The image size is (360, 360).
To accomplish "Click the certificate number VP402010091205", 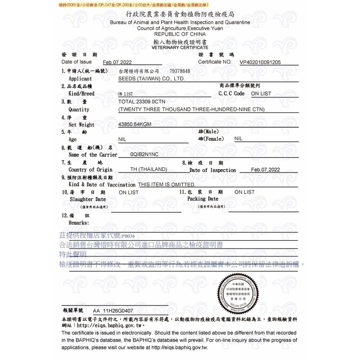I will pyautogui.click(x=260, y=62).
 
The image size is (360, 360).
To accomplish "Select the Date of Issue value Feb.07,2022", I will pyautogui.click(x=117, y=62).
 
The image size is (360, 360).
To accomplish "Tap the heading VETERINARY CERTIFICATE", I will pyautogui.click(x=180, y=48).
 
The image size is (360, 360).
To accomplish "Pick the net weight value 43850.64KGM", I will pyautogui.click(x=135, y=124).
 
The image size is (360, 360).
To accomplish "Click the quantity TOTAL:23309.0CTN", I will pyautogui.click(x=142, y=102).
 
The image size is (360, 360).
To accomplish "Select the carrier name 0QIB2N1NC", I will pyautogui.click(x=144, y=154).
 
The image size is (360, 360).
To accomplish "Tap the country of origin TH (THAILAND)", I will pyautogui.click(x=149, y=169).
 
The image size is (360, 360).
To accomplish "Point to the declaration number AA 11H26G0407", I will pyautogui.click(x=113, y=310).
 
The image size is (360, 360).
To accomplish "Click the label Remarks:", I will pyautogui.click(x=78, y=223).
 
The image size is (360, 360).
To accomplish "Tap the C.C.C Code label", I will pyautogui.click(x=231, y=94).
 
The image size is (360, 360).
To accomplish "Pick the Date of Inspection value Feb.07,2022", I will pyautogui.click(x=265, y=170).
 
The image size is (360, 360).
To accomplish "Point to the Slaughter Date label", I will pyautogui.click(x=88, y=199).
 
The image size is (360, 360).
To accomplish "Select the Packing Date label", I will pyautogui.click(x=203, y=199).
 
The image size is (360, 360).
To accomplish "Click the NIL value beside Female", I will pyautogui.click(x=238, y=139).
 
